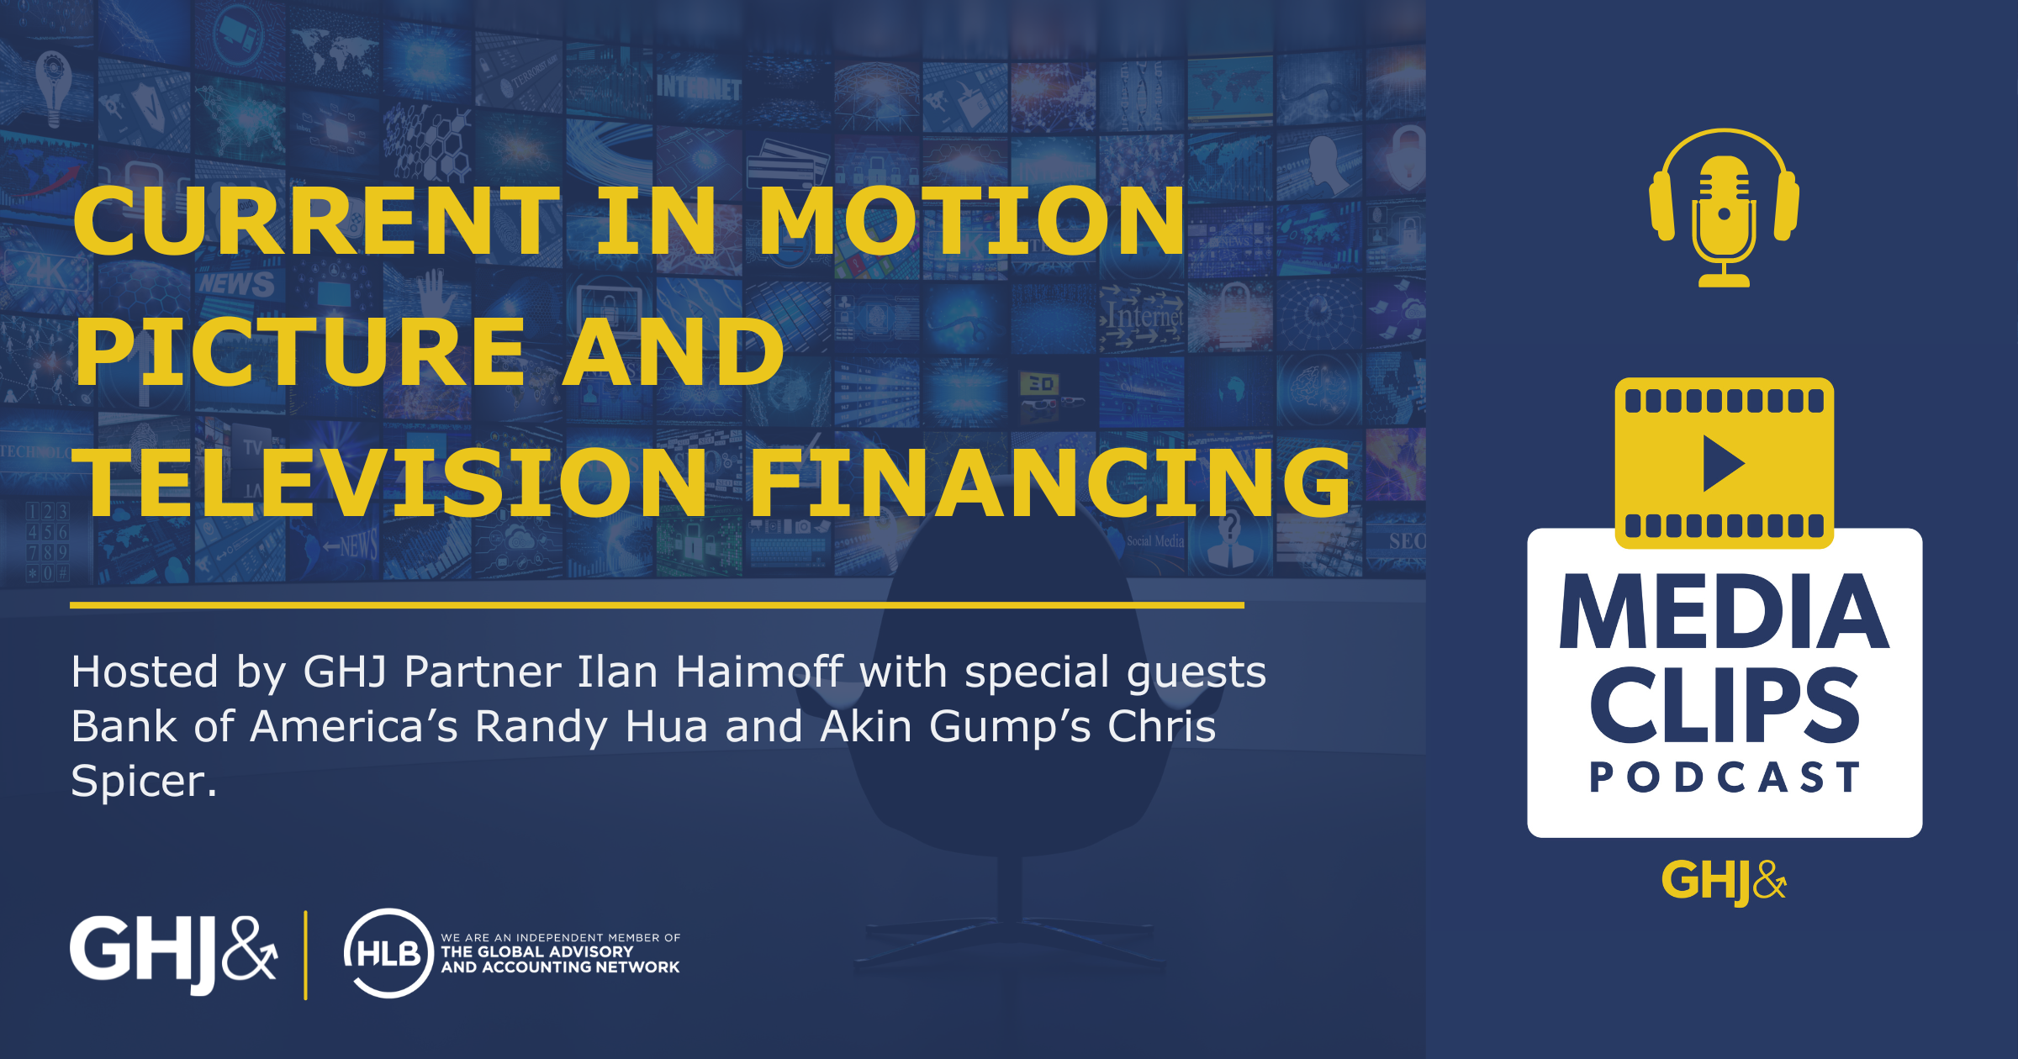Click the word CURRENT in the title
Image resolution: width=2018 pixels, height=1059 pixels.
click(318, 220)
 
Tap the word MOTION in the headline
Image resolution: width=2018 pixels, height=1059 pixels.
click(973, 220)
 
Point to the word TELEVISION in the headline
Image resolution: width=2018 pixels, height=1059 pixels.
click(390, 482)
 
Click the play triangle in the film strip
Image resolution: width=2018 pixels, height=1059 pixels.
click(1724, 463)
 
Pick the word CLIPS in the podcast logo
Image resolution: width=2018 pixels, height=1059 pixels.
click(1725, 705)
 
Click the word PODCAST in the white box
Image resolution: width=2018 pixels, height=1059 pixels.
click(1725, 777)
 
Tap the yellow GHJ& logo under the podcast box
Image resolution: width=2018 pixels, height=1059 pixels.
click(1724, 881)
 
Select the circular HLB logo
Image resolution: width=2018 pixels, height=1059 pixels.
click(388, 953)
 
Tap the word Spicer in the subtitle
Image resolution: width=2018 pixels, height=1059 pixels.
click(144, 782)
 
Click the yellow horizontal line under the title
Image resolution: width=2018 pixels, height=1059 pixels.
click(657, 604)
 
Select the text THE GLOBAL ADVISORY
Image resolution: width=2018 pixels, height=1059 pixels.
click(537, 951)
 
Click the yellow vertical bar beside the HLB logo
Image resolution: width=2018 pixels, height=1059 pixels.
click(305, 955)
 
